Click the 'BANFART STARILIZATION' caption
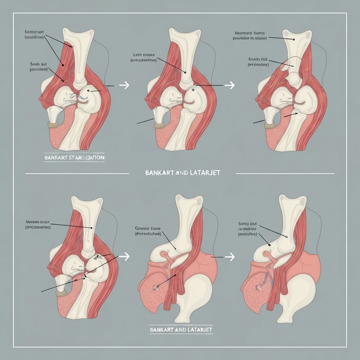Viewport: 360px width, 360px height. click(74, 158)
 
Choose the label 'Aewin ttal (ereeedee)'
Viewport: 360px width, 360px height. click(258, 62)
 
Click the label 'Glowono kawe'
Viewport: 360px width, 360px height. click(147, 230)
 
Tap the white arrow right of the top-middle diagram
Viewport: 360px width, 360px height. click(230, 85)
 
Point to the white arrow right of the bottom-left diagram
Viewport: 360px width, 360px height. click(124, 257)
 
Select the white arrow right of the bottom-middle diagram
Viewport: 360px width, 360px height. click(230, 257)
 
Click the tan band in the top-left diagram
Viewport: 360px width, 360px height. click(53, 124)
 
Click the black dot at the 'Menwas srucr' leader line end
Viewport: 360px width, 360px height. click(91, 228)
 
